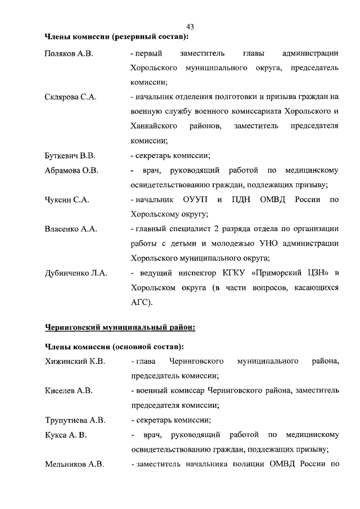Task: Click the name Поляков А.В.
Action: tap(68, 53)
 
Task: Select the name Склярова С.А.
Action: tap(70, 97)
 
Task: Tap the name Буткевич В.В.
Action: tap(70, 156)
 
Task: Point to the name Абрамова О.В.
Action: tap(71, 170)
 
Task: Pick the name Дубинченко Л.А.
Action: tap(76, 273)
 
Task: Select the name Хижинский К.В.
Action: tap(75, 361)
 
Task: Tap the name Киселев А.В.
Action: tap(69, 390)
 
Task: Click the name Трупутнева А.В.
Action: tap(75, 419)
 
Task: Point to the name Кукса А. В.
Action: tap(65, 434)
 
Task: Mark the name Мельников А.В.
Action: tap(73, 463)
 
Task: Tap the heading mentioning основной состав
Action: tap(114, 345)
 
